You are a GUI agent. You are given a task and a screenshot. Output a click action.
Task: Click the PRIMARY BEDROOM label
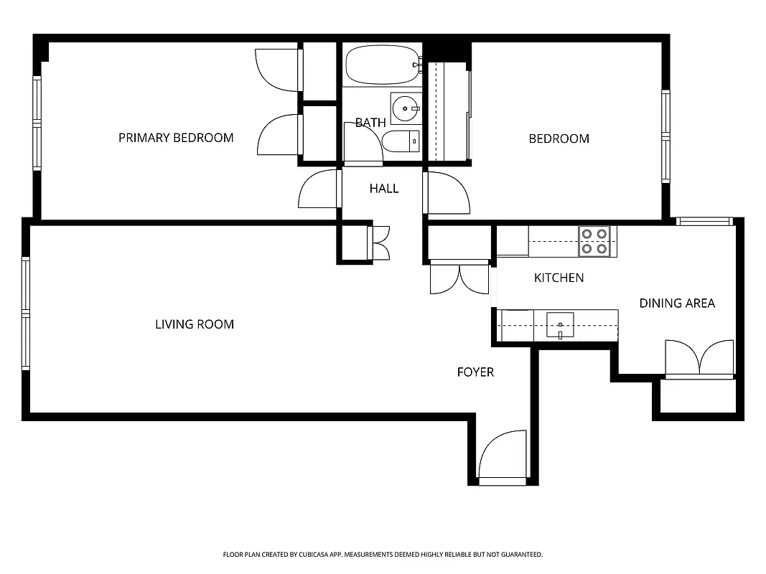tap(176, 138)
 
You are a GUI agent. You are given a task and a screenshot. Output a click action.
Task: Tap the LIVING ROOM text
tap(195, 324)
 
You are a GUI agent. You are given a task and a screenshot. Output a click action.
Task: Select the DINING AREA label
tap(677, 304)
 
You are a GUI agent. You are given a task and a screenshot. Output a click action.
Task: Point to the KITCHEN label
tap(559, 278)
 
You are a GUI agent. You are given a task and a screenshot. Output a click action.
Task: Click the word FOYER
tap(475, 372)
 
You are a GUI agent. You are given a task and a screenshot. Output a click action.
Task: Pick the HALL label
tap(384, 189)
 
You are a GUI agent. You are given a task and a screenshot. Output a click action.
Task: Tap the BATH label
tap(370, 123)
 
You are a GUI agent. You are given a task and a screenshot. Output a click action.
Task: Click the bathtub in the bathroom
tap(382, 66)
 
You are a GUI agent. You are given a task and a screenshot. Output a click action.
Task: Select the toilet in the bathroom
tap(401, 142)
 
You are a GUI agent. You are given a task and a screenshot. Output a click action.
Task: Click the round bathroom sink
tap(407, 109)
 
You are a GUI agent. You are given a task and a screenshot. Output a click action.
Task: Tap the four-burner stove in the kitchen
tap(594, 241)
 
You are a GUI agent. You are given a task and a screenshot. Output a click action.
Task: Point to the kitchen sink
tap(560, 325)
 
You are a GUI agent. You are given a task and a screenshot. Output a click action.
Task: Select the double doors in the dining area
tap(699, 359)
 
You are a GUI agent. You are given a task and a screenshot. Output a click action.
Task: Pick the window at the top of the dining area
tap(704, 221)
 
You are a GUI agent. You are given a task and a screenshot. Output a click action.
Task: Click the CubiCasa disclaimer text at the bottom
tap(383, 555)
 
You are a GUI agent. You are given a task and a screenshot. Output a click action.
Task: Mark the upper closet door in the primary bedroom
tap(278, 70)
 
